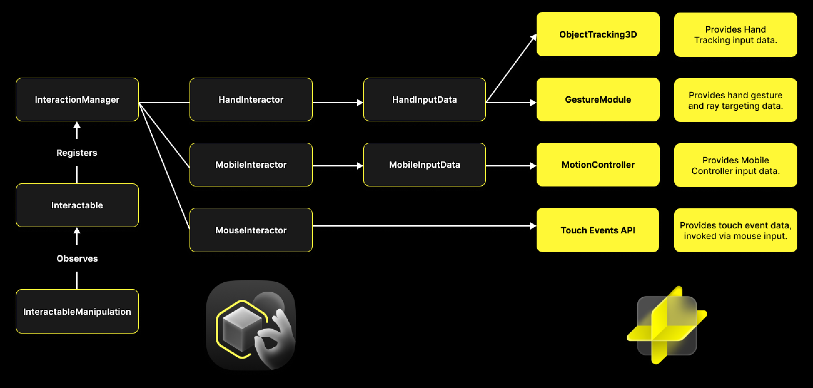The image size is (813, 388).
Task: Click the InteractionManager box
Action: pos(77,100)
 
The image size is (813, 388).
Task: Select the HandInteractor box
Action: pos(251,100)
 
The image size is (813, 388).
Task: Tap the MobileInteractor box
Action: pos(251,165)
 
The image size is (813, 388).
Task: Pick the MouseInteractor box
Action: pos(251,230)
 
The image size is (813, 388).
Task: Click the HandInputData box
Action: pos(424,100)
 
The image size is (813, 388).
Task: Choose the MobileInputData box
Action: pos(424,165)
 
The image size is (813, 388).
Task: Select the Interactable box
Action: pos(77,205)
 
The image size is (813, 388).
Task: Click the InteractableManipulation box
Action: pos(77,312)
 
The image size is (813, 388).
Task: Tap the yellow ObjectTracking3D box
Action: pos(598,34)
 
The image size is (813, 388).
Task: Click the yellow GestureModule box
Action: pos(598,100)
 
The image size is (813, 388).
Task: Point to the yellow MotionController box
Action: pos(598,165)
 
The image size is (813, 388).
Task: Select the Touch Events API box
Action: pos(598,230)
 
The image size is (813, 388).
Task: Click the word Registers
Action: pos(77,153)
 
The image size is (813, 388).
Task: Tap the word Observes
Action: pos(77,258)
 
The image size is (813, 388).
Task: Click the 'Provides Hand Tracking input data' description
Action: pos(735,35)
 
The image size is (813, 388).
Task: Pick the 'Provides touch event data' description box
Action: pos(735,231)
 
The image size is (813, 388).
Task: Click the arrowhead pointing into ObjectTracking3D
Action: pos(533,38)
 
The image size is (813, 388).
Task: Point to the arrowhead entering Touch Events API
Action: pos(533,226)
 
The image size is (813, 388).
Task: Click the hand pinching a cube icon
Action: pos(251,325)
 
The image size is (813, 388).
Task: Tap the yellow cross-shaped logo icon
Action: pos(667,325)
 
